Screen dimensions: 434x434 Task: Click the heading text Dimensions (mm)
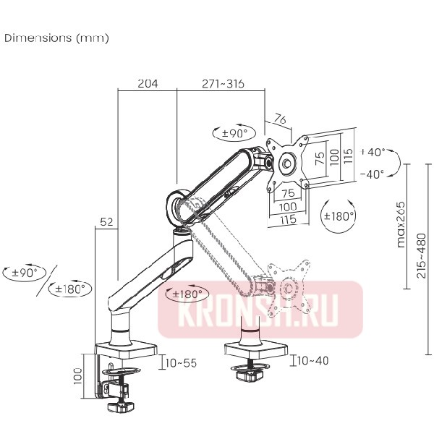[x=56, y=38]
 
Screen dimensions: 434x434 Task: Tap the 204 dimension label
[x=147, y=84]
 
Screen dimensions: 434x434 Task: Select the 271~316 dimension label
[x=222, y=84]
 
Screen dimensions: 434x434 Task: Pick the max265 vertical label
[x=400, y=224]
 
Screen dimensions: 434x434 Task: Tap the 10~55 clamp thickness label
[x=180, y=362]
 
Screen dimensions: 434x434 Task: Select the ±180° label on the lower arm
[x=185, y=294]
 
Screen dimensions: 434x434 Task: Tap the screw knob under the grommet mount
[x=250, y=377]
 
